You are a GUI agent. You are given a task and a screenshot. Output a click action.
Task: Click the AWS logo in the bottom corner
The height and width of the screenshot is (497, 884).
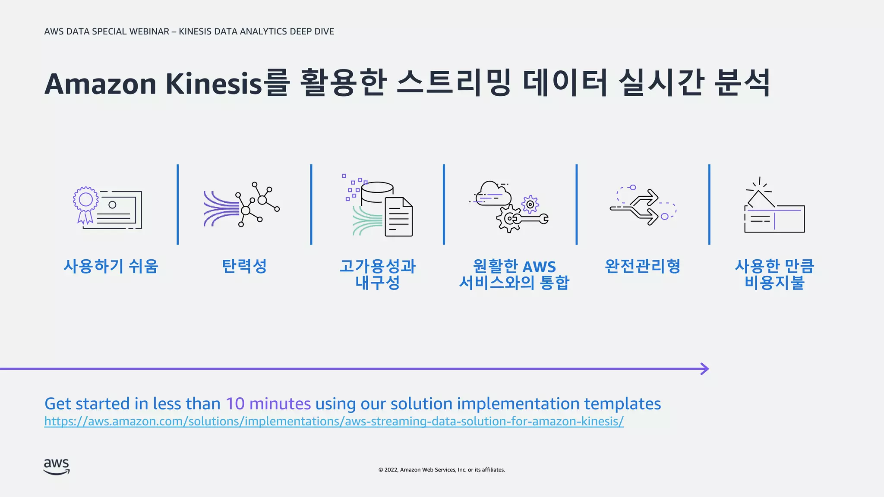point(57,467)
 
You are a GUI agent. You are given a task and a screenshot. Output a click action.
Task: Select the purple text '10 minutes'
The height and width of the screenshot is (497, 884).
point(268,404)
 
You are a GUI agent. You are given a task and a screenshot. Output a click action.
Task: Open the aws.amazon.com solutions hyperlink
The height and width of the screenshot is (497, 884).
point(334,421)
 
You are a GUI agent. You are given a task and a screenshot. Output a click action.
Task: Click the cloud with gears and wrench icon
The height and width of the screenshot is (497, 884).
point(509,206)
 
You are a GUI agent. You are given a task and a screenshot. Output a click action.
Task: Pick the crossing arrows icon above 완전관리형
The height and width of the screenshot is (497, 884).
point(643,206)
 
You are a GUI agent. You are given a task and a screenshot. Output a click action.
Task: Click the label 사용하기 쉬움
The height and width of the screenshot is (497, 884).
point(111,266)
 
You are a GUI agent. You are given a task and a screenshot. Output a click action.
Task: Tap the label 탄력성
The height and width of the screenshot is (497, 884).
point(244,266)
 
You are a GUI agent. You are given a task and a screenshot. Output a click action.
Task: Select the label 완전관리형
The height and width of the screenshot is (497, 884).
point(643,266)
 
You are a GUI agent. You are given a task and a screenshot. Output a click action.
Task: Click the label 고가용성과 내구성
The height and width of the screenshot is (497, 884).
point(378,274)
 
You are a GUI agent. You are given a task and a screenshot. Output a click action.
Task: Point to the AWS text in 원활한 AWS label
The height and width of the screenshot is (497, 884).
point(539,267)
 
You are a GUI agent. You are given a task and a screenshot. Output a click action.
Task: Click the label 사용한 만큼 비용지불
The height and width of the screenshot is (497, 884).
point(774,274)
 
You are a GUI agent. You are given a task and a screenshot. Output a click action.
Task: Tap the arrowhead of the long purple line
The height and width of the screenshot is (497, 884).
point(704,369)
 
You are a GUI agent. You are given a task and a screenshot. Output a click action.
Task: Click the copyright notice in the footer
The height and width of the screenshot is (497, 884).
point(442,470)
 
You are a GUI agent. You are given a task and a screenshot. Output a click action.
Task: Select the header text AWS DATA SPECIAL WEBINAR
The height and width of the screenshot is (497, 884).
point(107,31)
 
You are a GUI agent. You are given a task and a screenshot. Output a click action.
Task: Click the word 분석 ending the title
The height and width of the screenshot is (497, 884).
point(742,83)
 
